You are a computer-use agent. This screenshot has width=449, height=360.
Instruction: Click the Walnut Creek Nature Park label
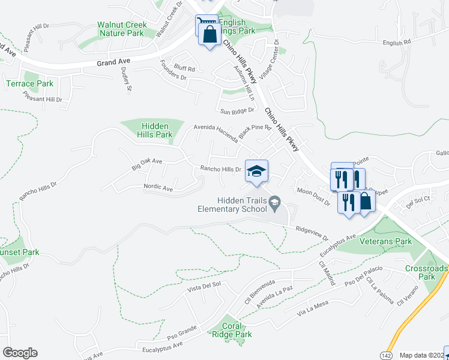122,29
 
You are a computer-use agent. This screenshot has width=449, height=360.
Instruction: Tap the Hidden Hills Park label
157,130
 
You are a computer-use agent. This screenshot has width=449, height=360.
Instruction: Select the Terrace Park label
29,83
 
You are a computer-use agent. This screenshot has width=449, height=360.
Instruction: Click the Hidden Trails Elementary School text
233,205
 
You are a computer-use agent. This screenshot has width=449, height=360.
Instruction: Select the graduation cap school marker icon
256,171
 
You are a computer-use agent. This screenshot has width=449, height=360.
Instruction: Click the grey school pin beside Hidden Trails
275,201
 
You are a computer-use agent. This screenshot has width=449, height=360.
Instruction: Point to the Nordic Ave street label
158,188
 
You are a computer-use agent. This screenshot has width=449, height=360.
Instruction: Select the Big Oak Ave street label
147,161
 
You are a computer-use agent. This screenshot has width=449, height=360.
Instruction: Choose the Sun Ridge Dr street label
237,112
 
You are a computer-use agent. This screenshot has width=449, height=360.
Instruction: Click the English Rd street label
396,43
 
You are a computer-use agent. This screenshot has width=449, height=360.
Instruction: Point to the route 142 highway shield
385,355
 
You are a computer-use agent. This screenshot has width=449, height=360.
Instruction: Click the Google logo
20,352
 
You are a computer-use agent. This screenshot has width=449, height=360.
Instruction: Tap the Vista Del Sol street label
205,288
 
